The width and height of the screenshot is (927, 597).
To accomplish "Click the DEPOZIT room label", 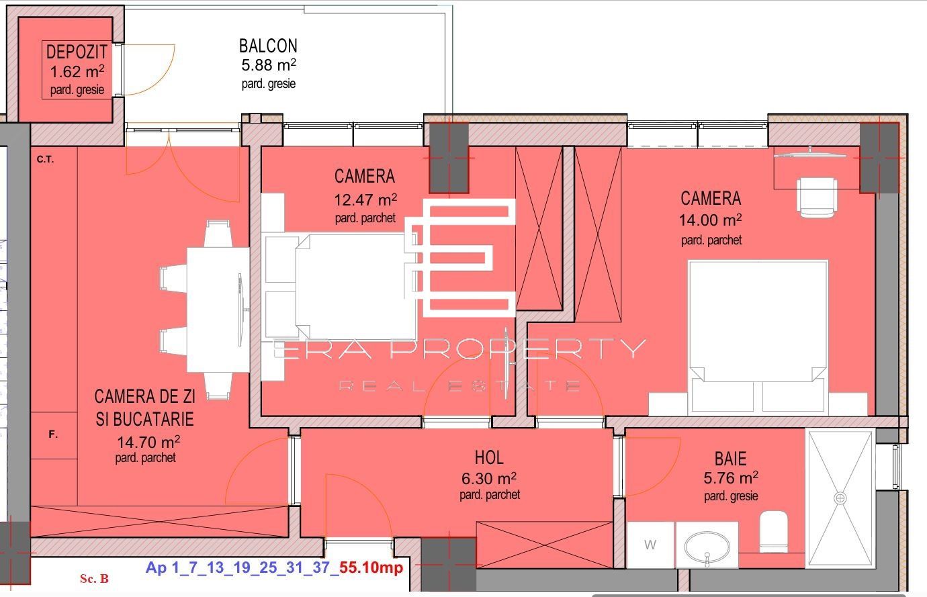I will click(x=77, y=52).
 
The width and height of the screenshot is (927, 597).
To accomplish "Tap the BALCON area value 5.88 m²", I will click(x=269, y=66).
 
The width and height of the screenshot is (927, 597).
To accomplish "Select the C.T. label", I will click(x=45, y=160).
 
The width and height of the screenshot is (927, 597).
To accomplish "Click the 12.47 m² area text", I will click(x=365, y=199).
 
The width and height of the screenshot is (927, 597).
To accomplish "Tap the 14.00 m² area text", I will click(x=711, y=220).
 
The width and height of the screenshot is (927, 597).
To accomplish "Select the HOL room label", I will click(x=489, y=458).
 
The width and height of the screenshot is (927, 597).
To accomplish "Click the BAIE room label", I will click(x=730, y=459).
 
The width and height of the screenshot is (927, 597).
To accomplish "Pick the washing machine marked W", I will click(x=650, y=545).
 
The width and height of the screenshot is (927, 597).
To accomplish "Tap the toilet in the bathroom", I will click(x=773, y=531).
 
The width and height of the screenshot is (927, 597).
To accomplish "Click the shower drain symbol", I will click(x=840, y=498).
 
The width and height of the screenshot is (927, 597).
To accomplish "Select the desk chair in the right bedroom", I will click(x=816, y=195).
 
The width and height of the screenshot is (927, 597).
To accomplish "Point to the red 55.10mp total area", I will click(x=371, y=568).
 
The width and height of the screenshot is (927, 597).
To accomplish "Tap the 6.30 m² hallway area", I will click(x=489, y=479).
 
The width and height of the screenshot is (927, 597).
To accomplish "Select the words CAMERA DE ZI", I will click(x=144, y=398).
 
